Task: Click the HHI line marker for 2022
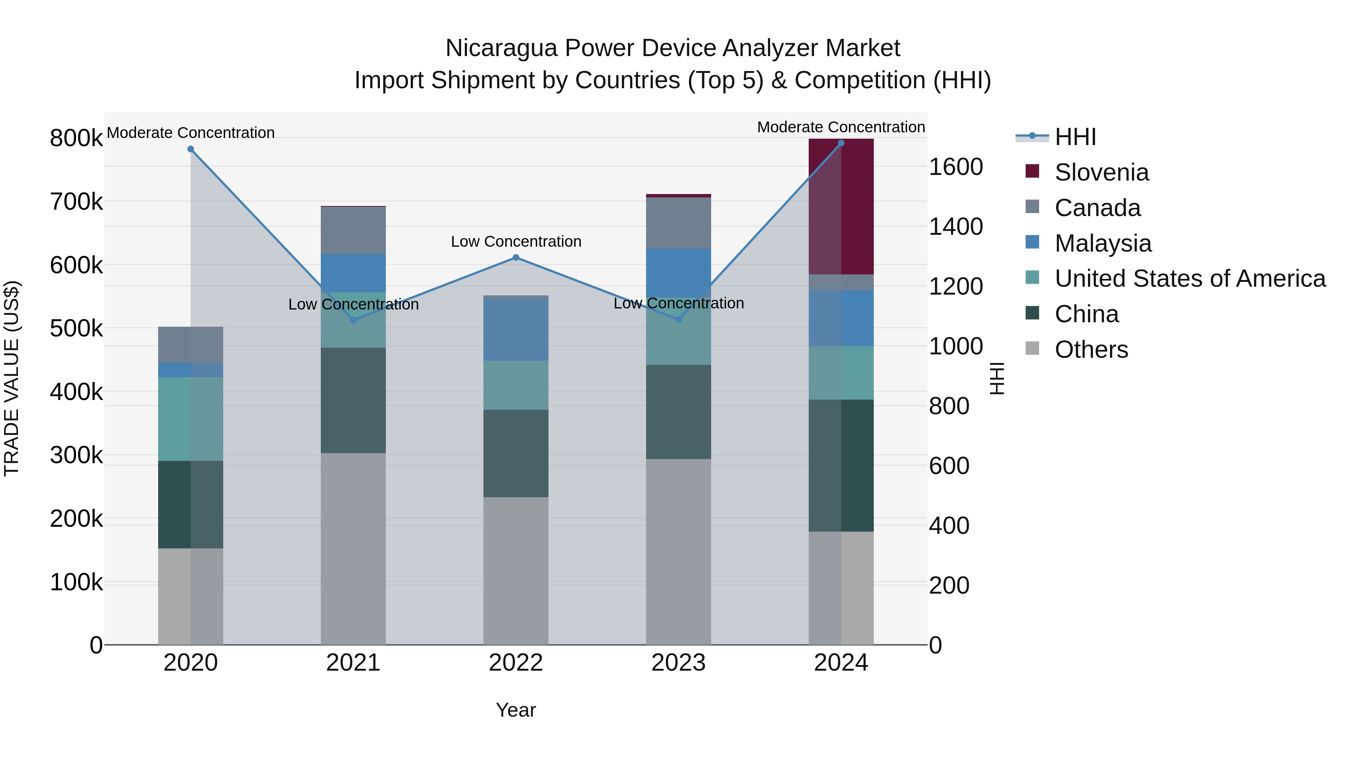click(x=516, y=258)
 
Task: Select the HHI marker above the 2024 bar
click(x=841, y=143)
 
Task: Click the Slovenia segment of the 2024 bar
click(x=841, y=206)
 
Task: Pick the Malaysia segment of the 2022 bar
click(x=516, y=329)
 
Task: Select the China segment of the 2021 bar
click(x=353, y=400)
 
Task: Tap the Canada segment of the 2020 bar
click(x=191, y=345)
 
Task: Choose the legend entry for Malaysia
click(x=1103, y=243)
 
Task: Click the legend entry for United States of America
click(x=1190, y=279)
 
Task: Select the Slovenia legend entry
click(x=1101, y=172)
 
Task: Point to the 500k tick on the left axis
click(x=76, y=329)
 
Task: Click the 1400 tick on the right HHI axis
click(x=956, y=227)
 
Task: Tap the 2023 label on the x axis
click(x=678, y=663)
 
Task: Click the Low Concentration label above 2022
click(x=516, y=241)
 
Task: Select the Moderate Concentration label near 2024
click(x=841, y=127)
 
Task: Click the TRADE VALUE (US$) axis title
click(x=12, y=378)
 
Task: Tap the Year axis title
click(x=516, y=710)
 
